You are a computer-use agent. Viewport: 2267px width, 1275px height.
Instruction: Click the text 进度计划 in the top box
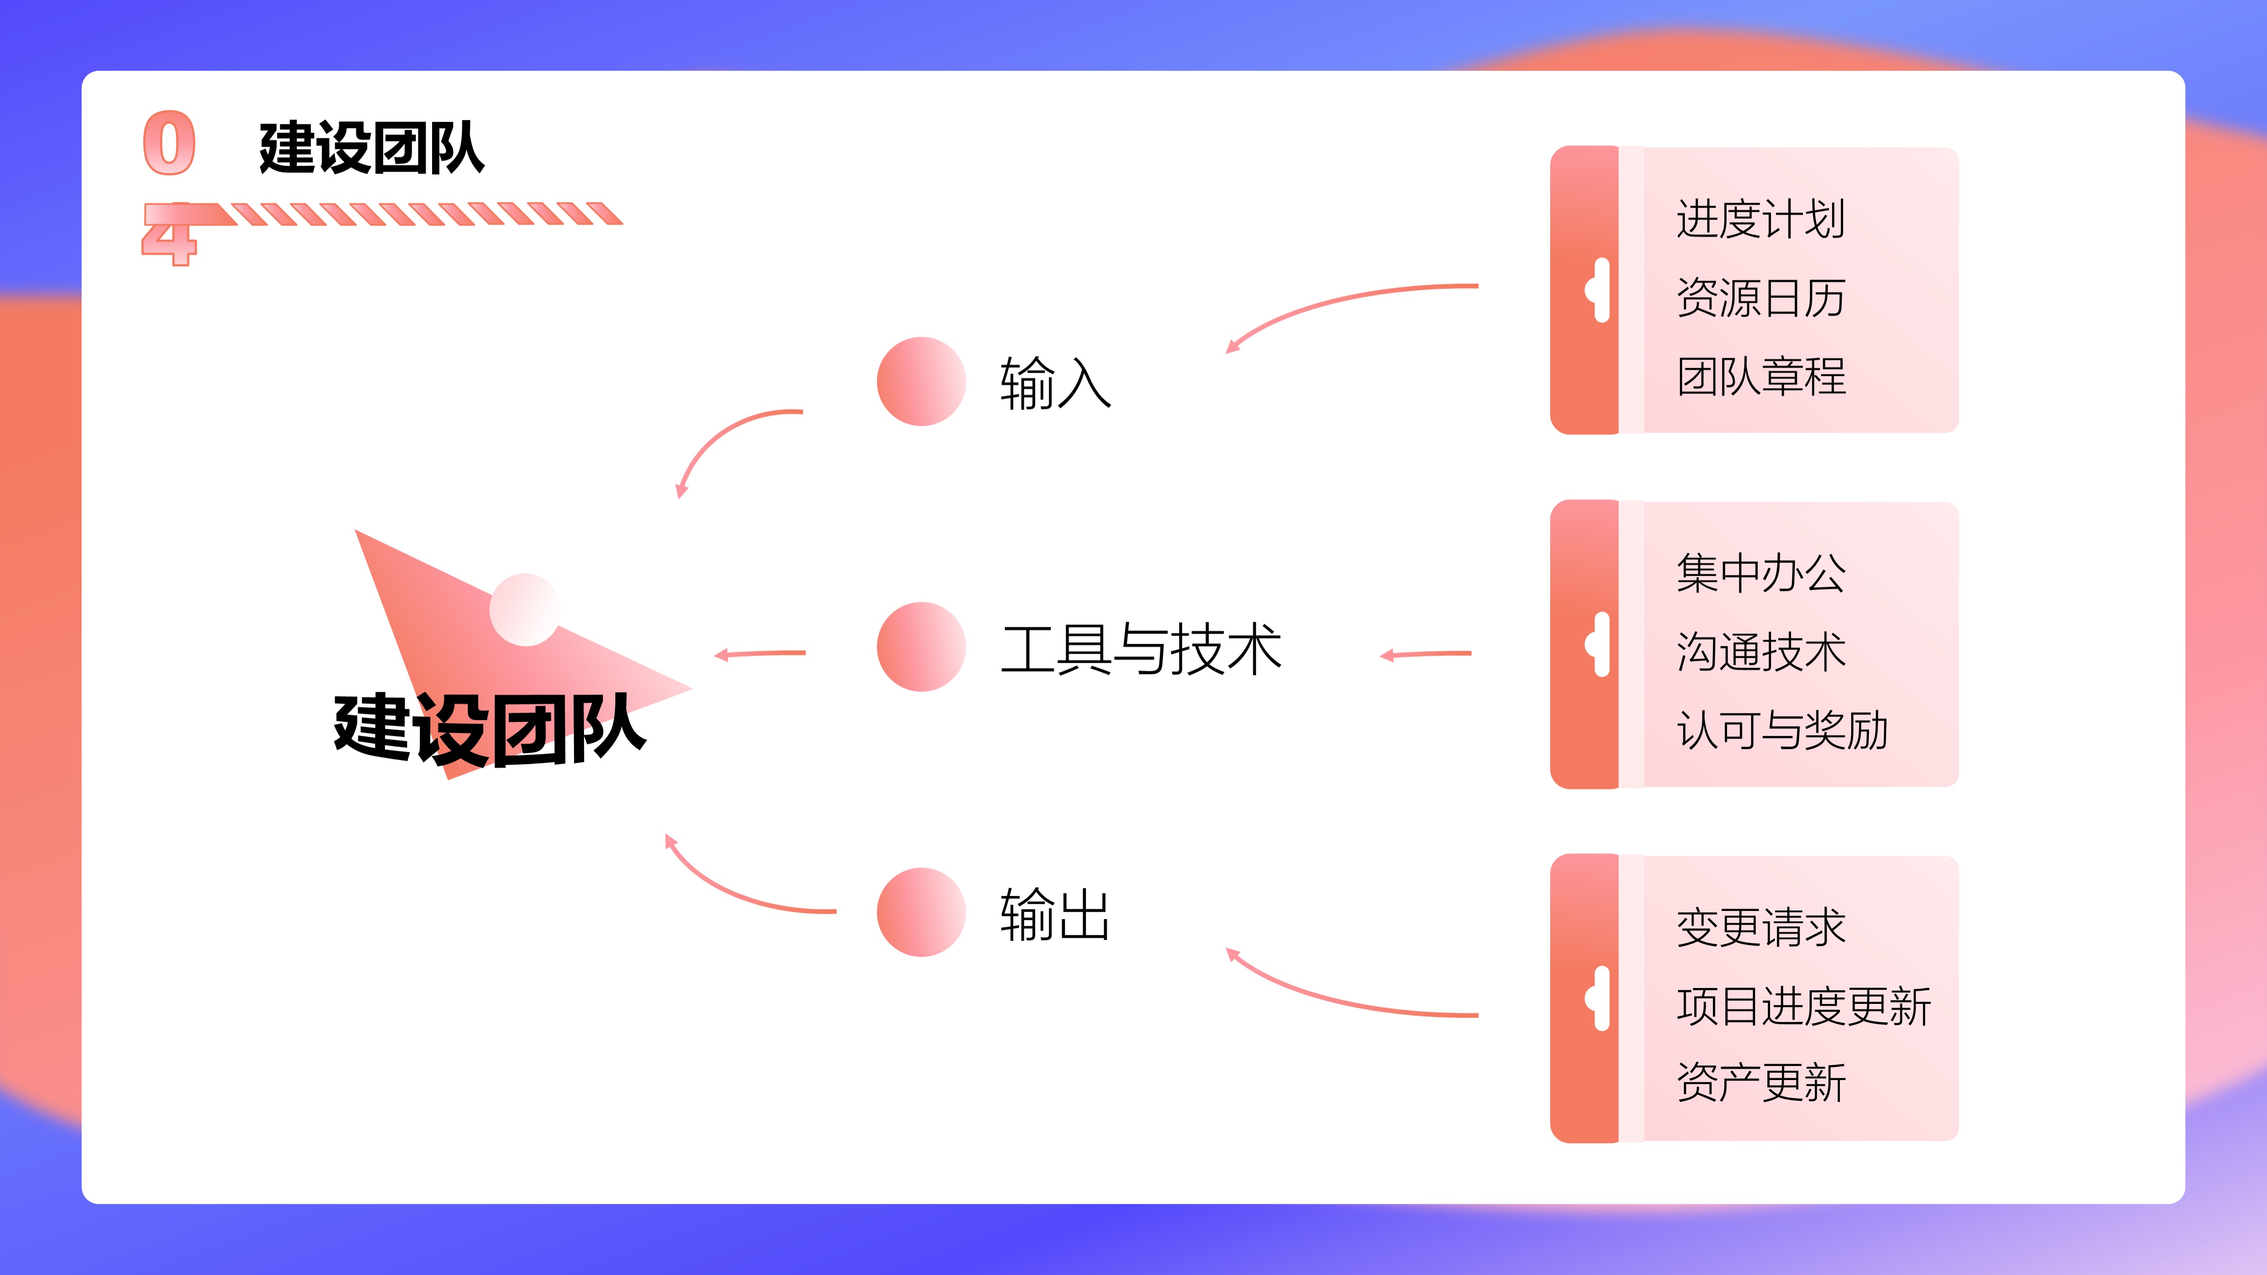[x=1760, y=219]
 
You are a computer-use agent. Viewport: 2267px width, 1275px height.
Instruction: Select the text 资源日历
[x=1760, y=297]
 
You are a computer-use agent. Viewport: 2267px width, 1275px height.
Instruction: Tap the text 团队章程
[x=1760, y=376]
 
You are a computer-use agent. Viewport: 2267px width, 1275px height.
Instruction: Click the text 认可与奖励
[x=1782, y=730]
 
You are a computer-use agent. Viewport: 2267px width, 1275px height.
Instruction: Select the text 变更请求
[x=1760, y=927]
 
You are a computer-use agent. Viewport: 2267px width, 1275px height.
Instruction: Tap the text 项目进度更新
[x=1803, y=1006]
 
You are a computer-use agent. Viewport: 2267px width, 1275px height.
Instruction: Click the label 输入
[x=1055, y=383]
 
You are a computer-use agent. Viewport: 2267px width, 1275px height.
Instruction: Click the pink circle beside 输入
[x=921, y=381]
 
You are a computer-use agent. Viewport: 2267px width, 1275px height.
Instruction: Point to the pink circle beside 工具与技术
[x=921, y=647]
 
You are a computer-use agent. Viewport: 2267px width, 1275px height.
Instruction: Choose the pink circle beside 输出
[x=921, y=912]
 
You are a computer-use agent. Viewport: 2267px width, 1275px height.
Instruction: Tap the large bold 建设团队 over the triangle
[x=490, y=729]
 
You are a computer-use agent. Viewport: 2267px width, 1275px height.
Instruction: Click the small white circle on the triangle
[x=525, y=610]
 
